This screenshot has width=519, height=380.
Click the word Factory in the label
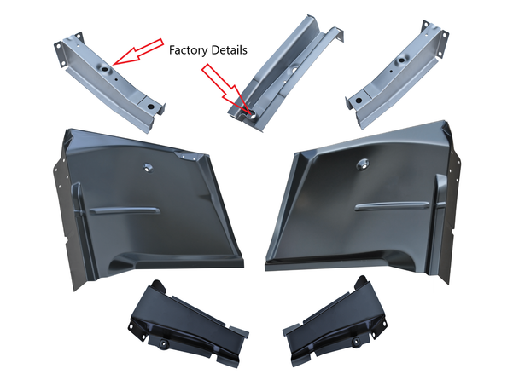tap(187, 50)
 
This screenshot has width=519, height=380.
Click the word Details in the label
tap(228, 50)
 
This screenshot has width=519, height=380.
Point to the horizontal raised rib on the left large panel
tap(125, 210)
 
